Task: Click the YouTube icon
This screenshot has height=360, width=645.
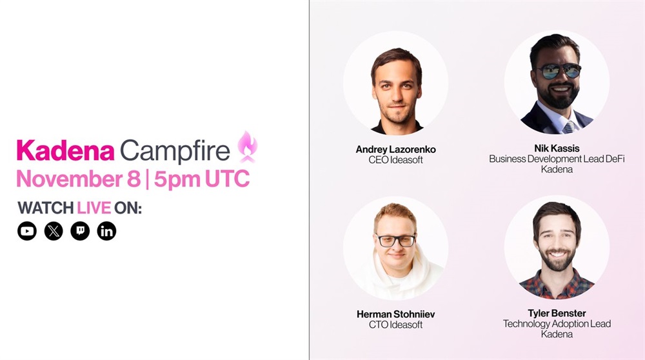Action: pos(26,231)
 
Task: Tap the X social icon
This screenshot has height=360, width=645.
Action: pos(54,231)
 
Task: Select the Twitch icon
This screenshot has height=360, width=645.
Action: pos(80,231)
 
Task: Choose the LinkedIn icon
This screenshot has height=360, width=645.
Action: pos(106,231)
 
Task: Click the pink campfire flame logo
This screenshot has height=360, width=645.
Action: pos(247,147)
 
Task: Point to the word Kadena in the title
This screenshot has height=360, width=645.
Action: pos(65,150)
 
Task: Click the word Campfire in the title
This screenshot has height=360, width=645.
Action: pos(175,152)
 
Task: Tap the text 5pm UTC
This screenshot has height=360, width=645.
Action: pos(201,179)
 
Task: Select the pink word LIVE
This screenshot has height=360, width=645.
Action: pos(94,208)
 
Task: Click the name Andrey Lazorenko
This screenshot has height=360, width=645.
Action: pos(396,149)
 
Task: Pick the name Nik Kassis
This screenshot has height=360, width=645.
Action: pos(557,148)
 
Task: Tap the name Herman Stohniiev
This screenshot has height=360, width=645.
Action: pos(396,314)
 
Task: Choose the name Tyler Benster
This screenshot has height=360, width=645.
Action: pos(557,313)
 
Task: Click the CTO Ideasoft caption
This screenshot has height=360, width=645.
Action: pos(396,325)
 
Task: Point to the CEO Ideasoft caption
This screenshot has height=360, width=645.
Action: pos(396,159)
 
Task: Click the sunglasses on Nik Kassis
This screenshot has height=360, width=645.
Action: pos(559,71)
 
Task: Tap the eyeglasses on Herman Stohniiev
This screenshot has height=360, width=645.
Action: pos(396,240)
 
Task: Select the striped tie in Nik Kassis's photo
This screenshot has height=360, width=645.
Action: pos(569,127)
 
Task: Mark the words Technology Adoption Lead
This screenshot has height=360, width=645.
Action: pos(557,324)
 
